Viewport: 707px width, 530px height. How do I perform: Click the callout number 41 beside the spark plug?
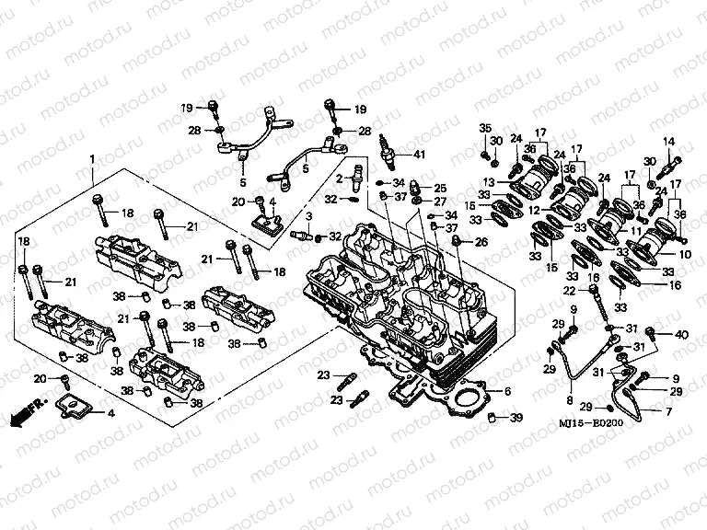tap(419, 154)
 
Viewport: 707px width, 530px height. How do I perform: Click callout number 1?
tap(92, 160)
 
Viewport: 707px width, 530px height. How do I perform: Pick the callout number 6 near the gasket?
tap(507, 391)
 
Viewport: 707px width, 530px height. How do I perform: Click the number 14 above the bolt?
tap(669, 141)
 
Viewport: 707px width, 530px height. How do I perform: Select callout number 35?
tap(485, 127)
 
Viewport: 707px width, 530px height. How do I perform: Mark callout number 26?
tap(481, 242)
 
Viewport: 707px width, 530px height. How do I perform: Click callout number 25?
tap(440, 188)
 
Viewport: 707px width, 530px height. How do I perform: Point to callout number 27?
tap(440, 202)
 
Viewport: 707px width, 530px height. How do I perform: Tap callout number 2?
tap(339, 177)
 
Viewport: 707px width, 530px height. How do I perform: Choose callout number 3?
tap(309, 215)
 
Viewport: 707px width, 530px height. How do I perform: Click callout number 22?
tap(570, 291)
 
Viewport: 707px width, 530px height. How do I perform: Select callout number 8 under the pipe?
tap(571, 401)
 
